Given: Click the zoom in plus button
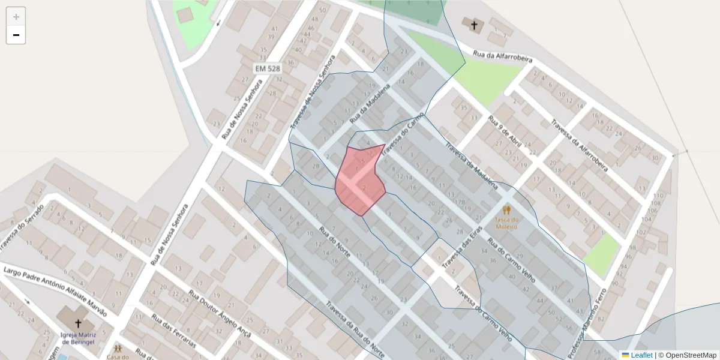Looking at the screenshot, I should click(x=16, y=17).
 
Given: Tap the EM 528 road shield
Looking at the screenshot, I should click(x=267, y=69).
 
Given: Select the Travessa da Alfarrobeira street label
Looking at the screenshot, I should click(x=579, y=143).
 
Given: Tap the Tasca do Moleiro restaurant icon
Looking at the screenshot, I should click(x=506, y=210).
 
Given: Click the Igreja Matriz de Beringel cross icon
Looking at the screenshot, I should click(x=78, y=325).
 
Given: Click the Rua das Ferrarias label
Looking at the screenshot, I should click(x=173, y=331).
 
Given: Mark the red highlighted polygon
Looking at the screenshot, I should click(x=359, y=180).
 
